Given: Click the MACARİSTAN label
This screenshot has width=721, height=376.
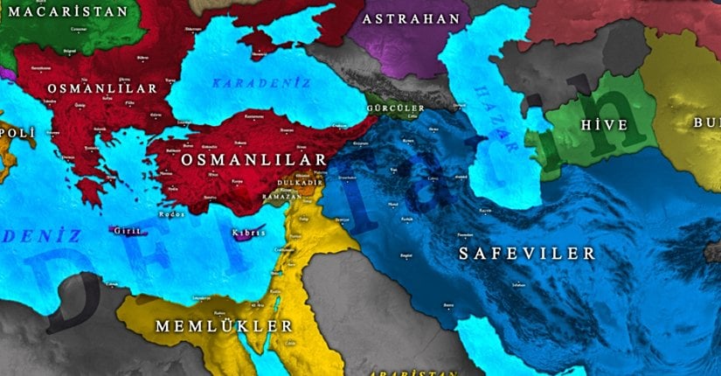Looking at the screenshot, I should (66, 11).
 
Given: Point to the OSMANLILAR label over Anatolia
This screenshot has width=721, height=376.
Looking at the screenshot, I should (253, 160).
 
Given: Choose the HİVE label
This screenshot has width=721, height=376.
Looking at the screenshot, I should (604, 125).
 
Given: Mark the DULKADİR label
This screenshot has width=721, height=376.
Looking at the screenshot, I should (301, 183).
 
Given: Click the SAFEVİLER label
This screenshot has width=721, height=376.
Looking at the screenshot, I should (526, 254).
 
